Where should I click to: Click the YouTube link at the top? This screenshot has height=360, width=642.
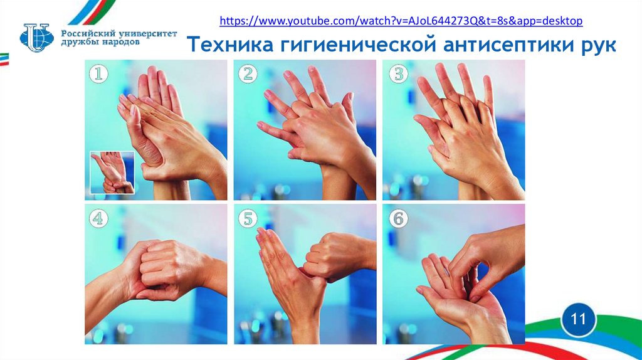401,21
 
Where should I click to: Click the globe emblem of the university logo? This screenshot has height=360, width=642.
36,38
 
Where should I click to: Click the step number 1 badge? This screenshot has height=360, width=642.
98,74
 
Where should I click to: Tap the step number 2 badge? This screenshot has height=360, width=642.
248,74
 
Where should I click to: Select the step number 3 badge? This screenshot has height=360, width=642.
398,74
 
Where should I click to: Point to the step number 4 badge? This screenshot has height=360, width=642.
98,218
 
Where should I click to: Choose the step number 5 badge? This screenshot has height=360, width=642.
248,218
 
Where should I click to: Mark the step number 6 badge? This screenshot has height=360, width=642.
398,218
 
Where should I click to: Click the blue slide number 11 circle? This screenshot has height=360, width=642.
578,319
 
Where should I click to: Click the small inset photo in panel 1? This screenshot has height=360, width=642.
112,172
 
